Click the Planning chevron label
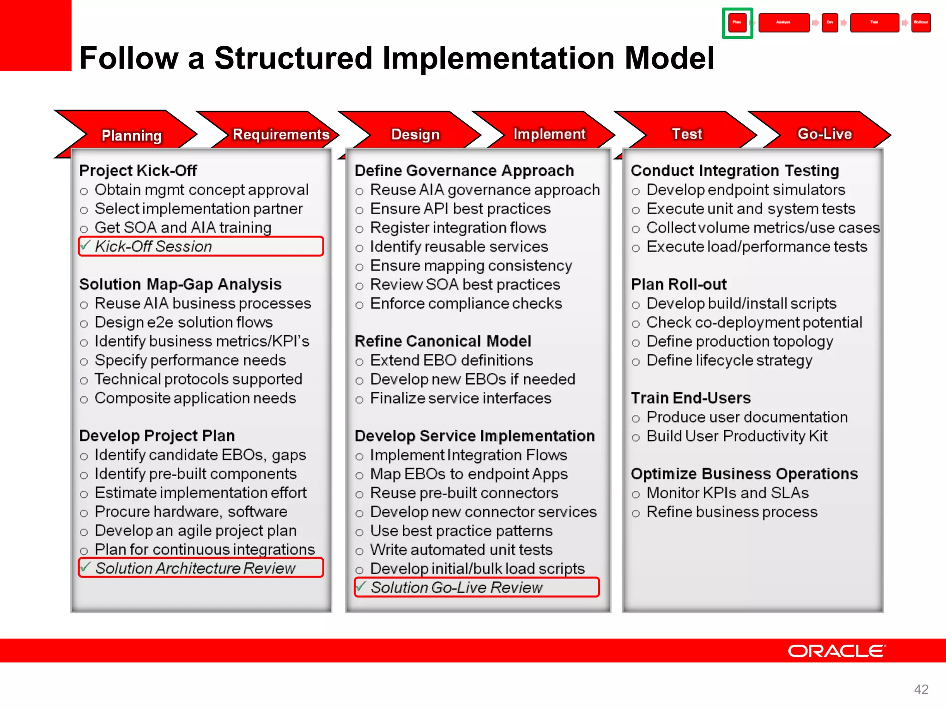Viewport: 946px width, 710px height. coord(131,135)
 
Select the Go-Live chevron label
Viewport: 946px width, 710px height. coord(825,134)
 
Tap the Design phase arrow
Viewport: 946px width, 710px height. coord(415,135)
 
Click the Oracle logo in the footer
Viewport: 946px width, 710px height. coord(837,651)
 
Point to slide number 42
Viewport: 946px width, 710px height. coord(921,689)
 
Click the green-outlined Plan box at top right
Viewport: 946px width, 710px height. coord(737,23)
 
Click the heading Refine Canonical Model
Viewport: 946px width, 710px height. coord(443,341)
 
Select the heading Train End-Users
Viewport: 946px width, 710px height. coord(691,398)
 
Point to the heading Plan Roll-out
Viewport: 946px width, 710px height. coord(679,284)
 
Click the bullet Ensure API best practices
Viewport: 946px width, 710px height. coord(460,209)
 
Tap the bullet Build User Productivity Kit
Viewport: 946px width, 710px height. coord(736,436)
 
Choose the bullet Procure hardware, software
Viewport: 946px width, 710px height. coord(191,512)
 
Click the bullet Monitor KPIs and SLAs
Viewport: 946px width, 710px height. coord(727,493)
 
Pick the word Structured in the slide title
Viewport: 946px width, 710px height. coord(293,59)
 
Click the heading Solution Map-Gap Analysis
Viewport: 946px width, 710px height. coord(180,284)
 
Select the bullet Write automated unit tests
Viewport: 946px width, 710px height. coord(461,550)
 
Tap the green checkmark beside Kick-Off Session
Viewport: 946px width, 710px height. coord(85,245)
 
